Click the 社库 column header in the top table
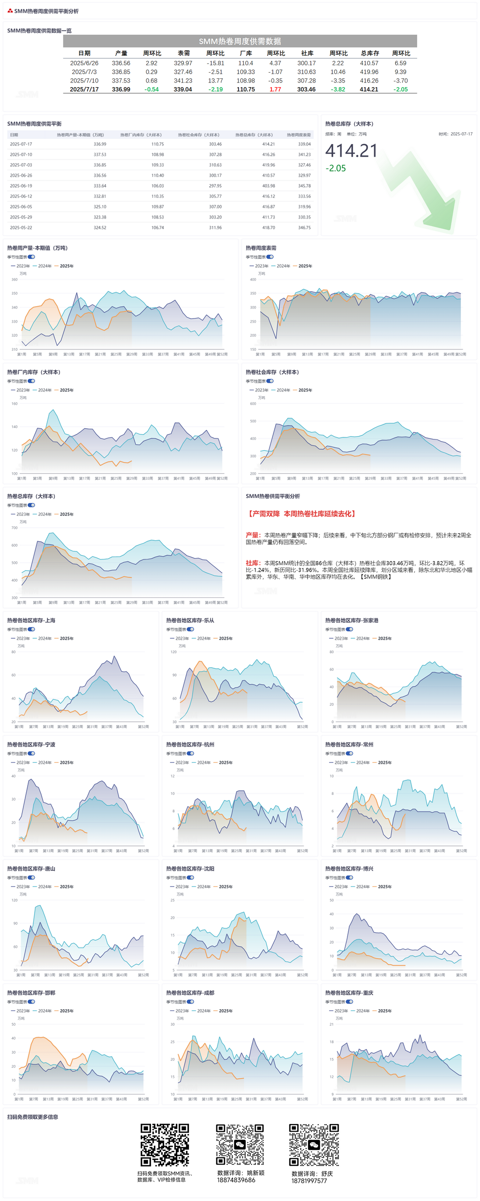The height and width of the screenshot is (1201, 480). pos(307,53)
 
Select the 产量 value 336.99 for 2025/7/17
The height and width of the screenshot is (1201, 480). pos(121,89)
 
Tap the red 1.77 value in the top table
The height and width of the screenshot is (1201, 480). pos(275,89)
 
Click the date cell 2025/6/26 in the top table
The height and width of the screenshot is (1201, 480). pos(84,63)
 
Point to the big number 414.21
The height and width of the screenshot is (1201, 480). pos(351,151)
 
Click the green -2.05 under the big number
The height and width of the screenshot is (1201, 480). pos(336,168)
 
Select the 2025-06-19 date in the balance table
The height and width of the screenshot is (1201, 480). pos(21,186)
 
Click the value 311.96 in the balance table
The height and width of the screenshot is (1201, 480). pos(215,227)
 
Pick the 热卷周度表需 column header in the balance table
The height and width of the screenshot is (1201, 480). pos(299,135)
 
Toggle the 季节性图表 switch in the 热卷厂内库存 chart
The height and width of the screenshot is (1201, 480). pos(31,381)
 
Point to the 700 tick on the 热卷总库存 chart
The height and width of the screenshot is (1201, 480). pos(15,528)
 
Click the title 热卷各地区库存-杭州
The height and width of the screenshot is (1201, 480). pos(190,744)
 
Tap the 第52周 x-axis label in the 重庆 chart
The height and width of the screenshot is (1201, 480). pos(461,1099)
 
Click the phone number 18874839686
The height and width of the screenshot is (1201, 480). pos(236,1179)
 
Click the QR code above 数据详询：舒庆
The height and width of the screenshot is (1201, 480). pos(314,1145)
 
